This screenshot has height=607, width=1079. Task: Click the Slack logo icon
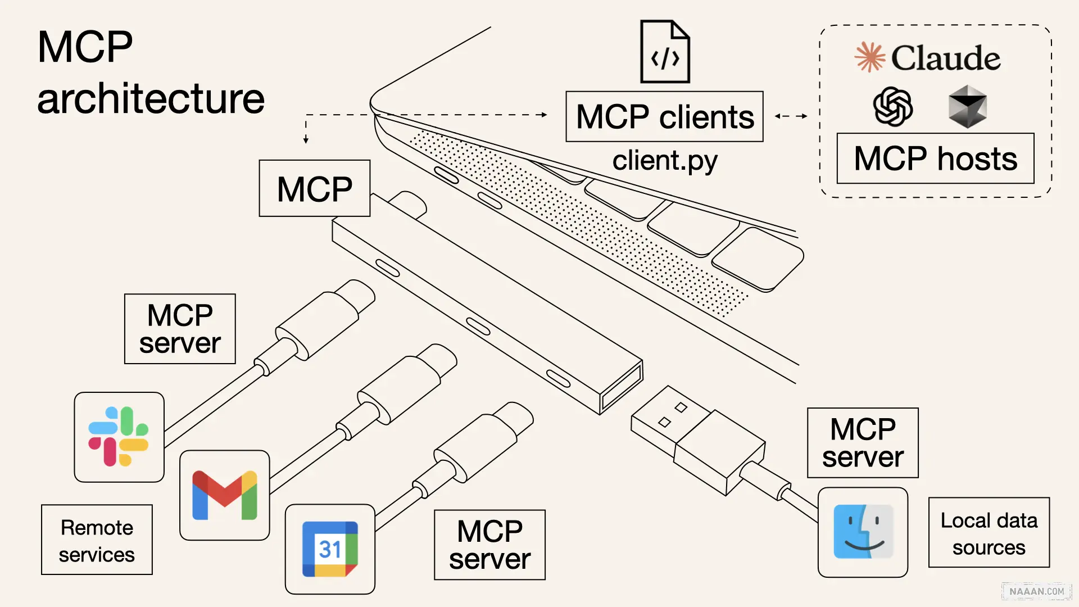(119, 437)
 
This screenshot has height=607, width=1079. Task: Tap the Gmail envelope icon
(224, 495)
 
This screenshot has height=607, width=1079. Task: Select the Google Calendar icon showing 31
(330, 549)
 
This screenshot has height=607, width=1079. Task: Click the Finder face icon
(863, 532)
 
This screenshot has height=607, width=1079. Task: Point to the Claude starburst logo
(869, 57)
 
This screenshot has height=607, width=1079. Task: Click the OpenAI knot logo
(892, 106)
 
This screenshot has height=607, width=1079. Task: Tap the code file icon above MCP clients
(665, 52)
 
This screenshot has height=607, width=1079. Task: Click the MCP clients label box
(664, 117)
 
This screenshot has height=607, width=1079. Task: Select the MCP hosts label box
(935, 158)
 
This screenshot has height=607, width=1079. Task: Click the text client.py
(664, 161)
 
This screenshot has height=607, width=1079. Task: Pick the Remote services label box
(97, 540)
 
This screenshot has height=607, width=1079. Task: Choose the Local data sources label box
(989, 533)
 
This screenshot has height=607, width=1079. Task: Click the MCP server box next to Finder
(863, 443)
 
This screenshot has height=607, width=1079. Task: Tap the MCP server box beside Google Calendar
(489, 545)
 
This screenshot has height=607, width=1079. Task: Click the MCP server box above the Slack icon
(180, 329)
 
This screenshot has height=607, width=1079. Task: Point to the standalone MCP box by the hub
(314, 188)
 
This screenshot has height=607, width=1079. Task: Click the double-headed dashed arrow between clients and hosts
(791, 116)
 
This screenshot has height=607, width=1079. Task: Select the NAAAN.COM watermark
(1036, 591)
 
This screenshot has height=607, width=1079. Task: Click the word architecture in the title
(151, 99)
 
